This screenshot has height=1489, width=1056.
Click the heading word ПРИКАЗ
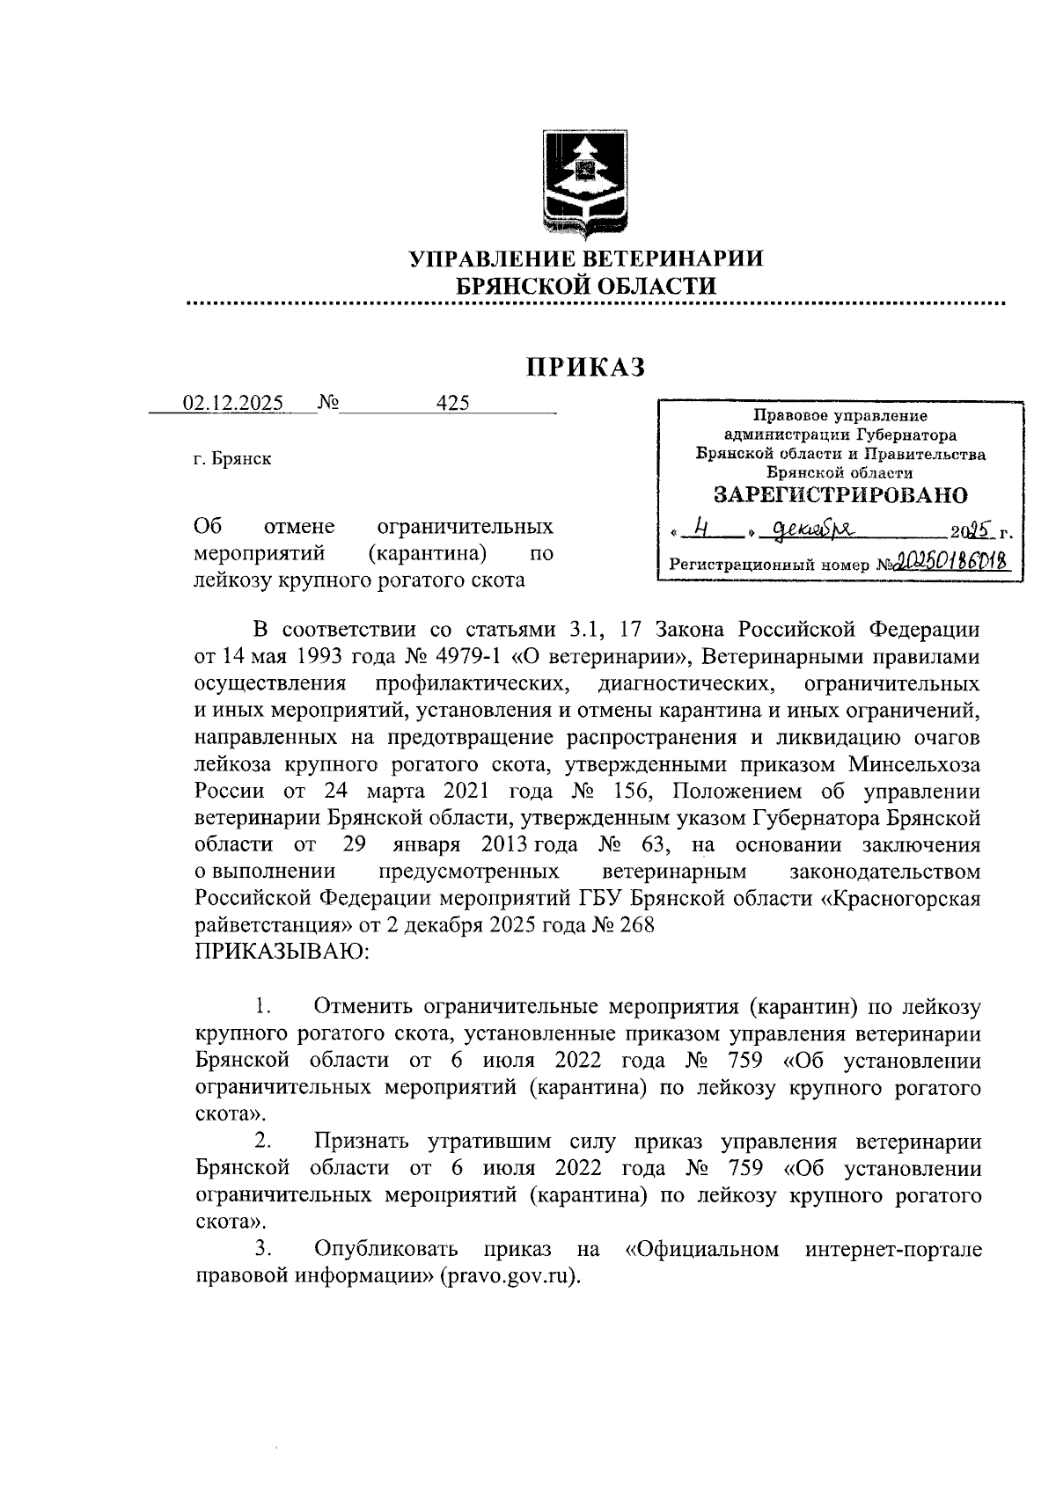pyautogui.click(x=586, y=367)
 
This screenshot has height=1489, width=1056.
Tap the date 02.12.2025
pyautogui.click(x=232, y=404)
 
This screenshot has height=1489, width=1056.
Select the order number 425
pyautogui.click(x=452, y=403)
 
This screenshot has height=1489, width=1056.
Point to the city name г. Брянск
pyautogui.click(x=232, y=459)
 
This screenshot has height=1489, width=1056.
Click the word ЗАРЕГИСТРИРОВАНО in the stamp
pyautogui.click(x=840, y=495)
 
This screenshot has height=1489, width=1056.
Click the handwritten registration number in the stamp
pyautogui.click(x=951, y=561)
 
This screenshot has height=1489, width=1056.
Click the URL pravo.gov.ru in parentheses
pyautogui.click(x=511, y=1276)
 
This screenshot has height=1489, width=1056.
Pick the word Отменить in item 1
pyautogui.click(x=364, y=1006)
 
